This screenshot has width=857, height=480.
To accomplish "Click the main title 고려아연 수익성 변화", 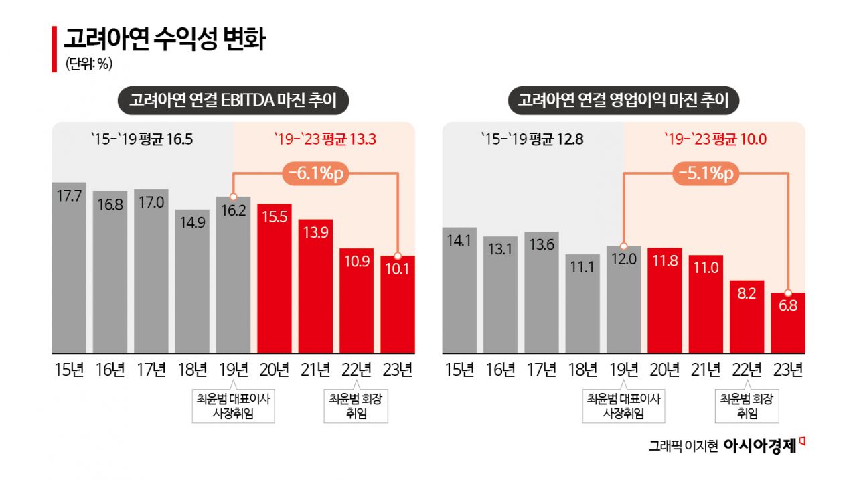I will coord(165,39).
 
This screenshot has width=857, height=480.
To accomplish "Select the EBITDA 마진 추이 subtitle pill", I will coord(233,101).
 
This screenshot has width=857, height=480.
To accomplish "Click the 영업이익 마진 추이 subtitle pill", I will coord(623,101).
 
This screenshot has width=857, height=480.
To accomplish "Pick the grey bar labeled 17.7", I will coord(69,268).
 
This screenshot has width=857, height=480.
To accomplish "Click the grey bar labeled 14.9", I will coord(192,281).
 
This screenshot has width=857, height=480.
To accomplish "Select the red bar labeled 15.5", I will coord(275,278).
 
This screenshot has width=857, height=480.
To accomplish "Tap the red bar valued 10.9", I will coord(356,301).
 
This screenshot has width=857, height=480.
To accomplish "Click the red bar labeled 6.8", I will coord(788,323).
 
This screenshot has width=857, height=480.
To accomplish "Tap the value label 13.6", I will coord(541,245).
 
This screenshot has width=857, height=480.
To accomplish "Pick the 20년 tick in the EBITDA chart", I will coord(275,370).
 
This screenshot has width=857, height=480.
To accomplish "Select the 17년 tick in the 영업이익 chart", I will coord(541,370).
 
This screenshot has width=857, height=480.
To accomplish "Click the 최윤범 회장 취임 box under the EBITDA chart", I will coord(356,406).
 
